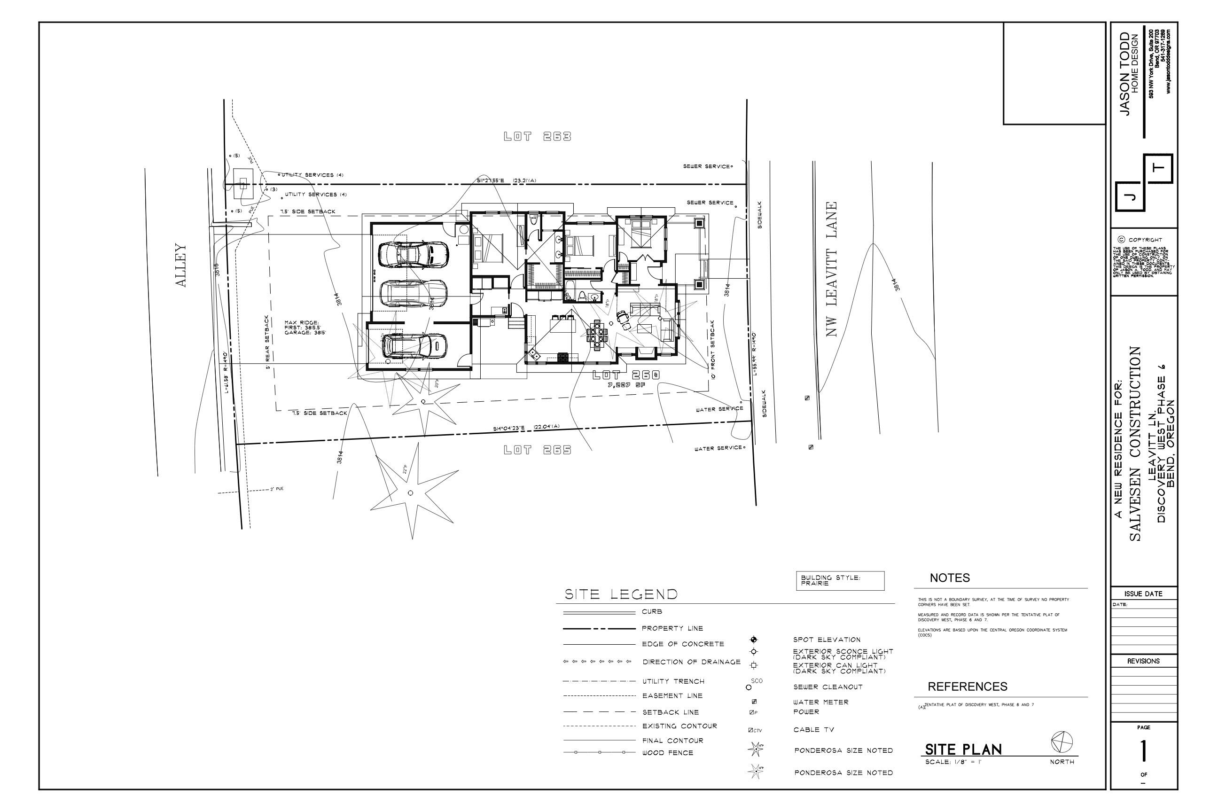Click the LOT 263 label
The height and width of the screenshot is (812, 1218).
click(x=537, y=137)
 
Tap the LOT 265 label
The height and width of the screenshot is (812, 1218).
click(x=537, y=450)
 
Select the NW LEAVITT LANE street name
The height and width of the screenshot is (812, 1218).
click(x=832, y=269)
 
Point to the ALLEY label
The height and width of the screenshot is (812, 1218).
click(x=180, y=265)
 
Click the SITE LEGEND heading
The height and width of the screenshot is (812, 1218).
click(x=620, y=594)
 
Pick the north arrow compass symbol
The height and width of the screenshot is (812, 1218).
click(x=1062, y=742)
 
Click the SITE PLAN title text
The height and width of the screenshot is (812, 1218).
click(x=963, y=750)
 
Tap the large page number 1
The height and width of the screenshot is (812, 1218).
click(x=1143, y=751)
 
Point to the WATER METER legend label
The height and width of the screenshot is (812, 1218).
click(x=820, y=702)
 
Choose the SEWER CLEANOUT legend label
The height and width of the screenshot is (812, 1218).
click(x=827, y=687)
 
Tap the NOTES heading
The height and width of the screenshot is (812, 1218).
click(x=950, y=578)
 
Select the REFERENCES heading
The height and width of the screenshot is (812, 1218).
click(x=967, y=687)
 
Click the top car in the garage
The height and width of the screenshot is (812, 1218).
click(x=413, y=254)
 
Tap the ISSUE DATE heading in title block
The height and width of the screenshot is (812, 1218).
click(x=1143, y=594)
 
